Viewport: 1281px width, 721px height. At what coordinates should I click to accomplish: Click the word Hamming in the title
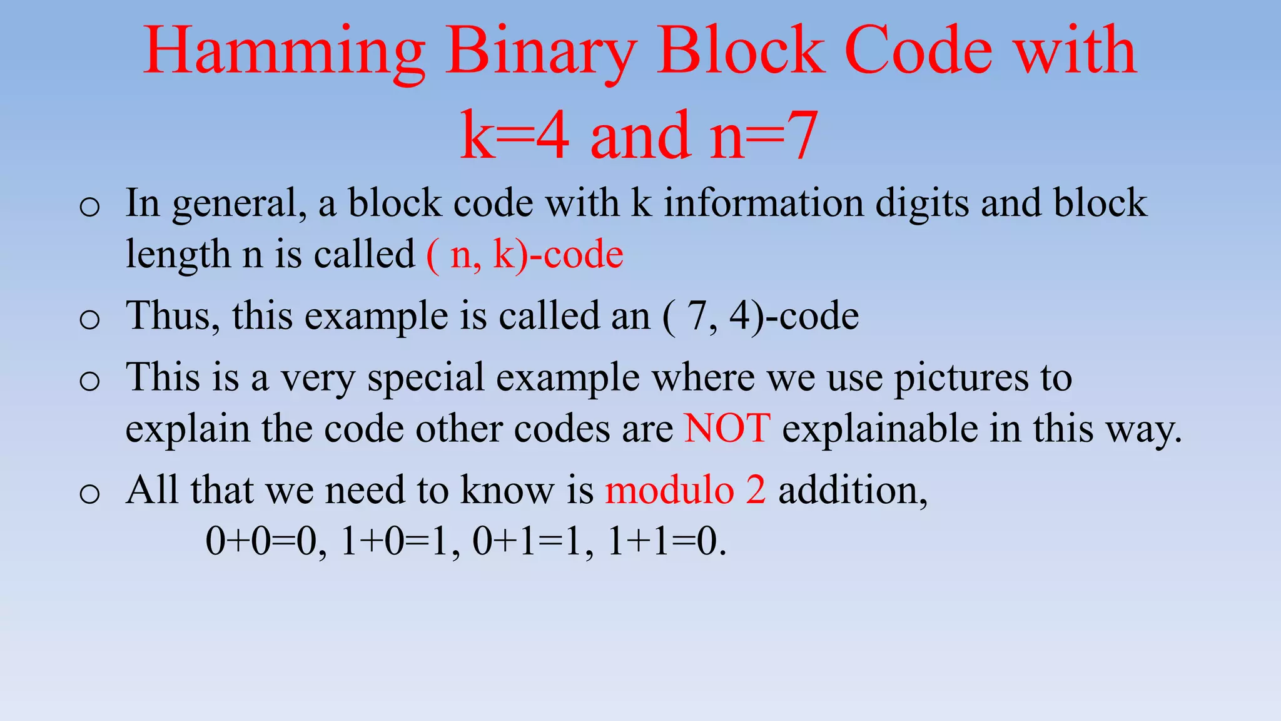click(x=285, y=53)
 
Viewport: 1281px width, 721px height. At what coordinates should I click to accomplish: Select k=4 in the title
click(x=515, y=135)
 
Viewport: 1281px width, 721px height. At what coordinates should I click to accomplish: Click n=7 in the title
click(x=763, y=135)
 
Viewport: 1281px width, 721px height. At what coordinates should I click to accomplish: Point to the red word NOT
click(x=727, y=429)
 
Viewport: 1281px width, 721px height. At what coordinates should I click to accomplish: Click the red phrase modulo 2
click(x=685, y=489)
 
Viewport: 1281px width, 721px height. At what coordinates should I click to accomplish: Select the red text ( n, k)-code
click(x=525, y=255)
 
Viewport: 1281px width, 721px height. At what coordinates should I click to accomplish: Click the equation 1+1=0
click(x=667, y=541)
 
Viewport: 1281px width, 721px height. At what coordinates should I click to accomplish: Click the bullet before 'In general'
click(x=90, y=207)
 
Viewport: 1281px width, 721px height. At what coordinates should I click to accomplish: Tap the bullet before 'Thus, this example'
click(x=90, y=319)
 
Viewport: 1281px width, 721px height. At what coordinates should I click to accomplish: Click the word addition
click(x=853, y=489)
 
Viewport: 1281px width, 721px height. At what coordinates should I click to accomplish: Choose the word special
click(x=426, y=379)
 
